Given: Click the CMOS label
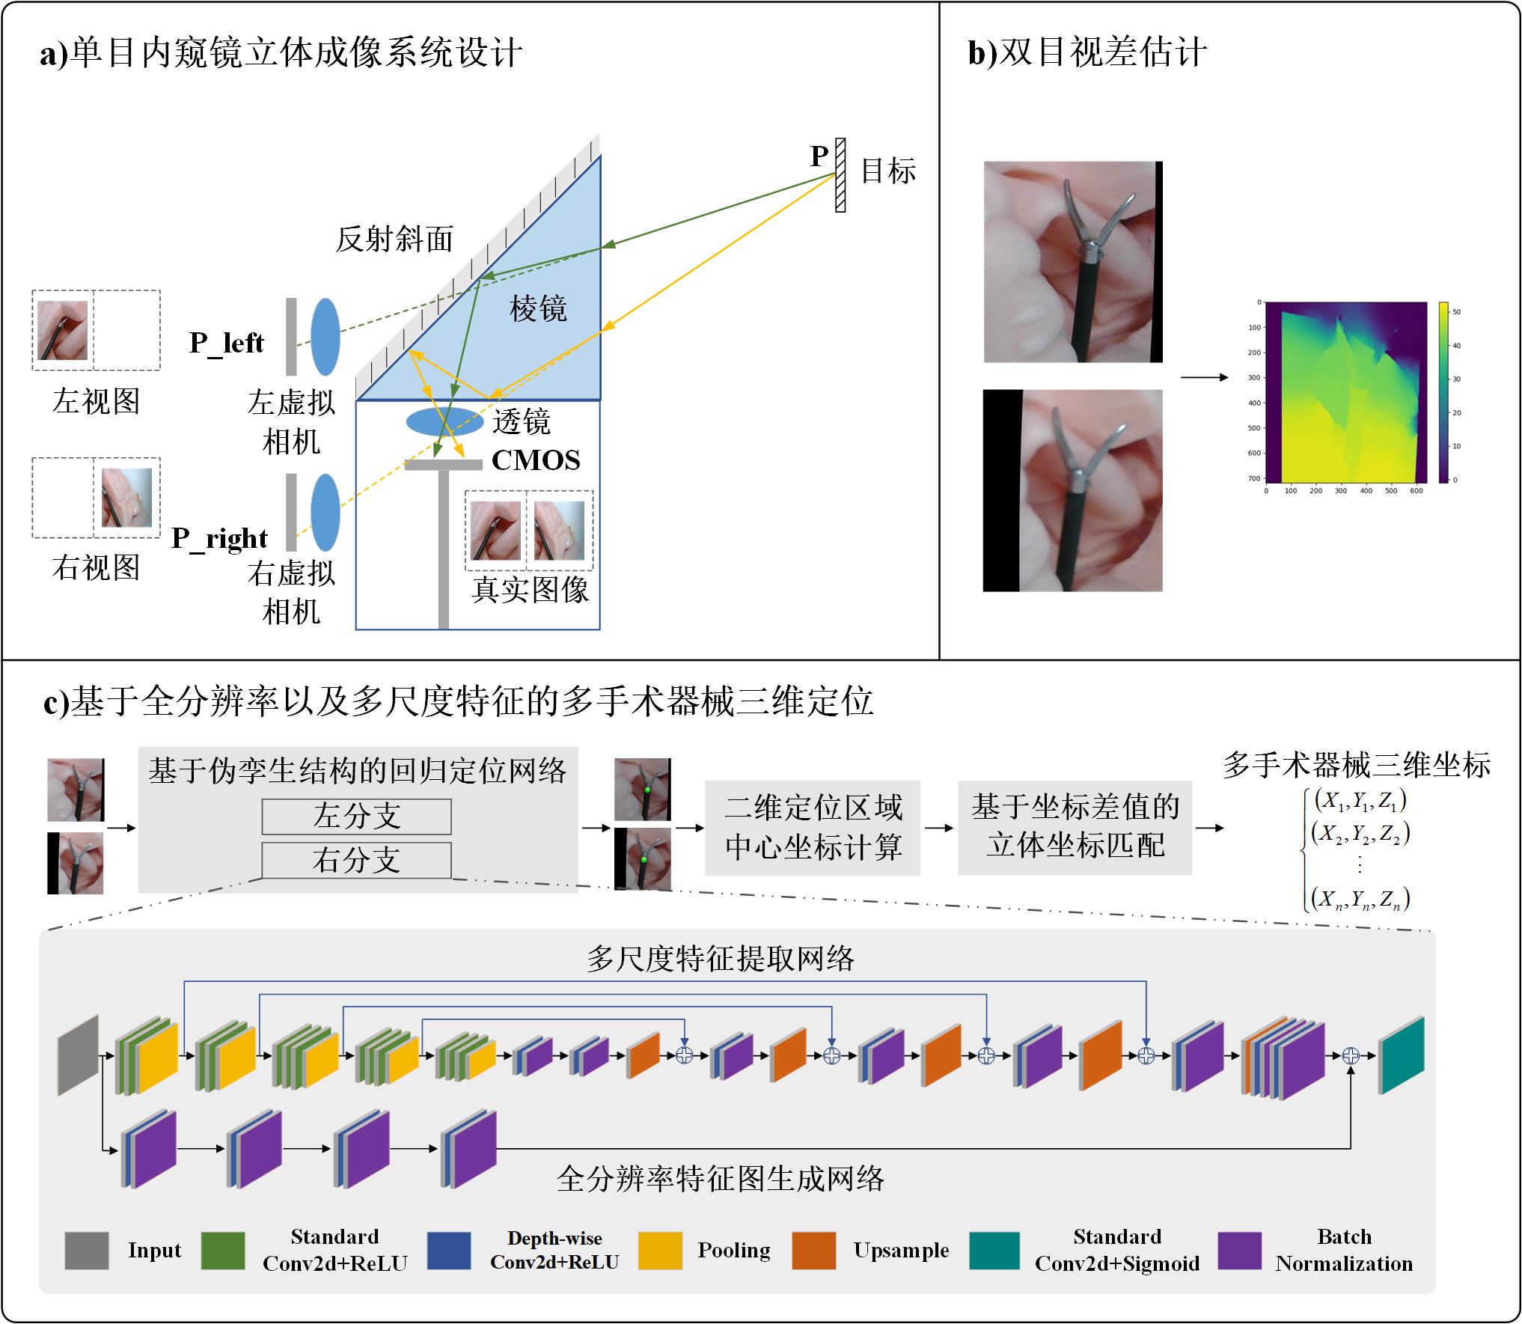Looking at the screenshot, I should coord(536,460).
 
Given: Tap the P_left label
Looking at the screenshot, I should coord(226,343).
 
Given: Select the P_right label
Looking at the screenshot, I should coord(219,538).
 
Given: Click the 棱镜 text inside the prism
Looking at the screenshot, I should coord(538,308).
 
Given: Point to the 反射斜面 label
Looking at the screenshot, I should coord(394,240).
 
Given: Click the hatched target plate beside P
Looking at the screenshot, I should coord(840,175).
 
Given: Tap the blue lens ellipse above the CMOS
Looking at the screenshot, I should coord(444,421).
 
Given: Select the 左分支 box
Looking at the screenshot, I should coord(356,817).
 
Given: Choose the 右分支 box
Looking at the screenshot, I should coord(356,860).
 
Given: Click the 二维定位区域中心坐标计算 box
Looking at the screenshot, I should coord(813,828).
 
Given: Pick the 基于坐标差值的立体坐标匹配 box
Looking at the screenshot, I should coord(1075,828).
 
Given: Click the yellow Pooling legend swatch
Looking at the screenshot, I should coord(660,1251).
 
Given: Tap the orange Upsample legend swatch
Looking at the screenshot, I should coord(813,1251).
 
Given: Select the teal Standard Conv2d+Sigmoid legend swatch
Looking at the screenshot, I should coord(994,1251).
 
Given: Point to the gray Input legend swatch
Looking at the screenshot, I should coord(87,1251).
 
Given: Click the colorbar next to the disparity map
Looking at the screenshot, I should coord(1443,392).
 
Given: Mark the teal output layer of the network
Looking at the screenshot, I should coord(1402,1055).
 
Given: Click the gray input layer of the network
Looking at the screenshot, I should coord(79,1055).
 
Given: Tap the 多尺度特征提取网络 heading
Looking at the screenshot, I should coord(720,959).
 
